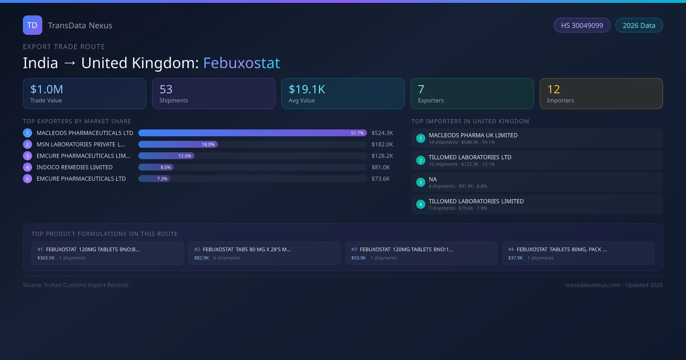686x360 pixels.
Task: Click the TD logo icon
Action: tap(32, 25)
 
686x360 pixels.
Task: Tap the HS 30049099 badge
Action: tap(582, 25)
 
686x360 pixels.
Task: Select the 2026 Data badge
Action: tap(639, 25)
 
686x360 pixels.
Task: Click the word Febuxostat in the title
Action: tap(241, 63)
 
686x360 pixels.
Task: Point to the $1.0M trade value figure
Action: tap(47, 89)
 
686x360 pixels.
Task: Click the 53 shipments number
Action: tap(166, 89)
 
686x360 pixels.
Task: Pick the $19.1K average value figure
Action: tap(307, 89)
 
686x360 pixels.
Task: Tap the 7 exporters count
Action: tap(421, 89)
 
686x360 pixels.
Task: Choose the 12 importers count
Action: tap(553, 89)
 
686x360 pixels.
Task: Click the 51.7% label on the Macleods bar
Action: tap(357, 133)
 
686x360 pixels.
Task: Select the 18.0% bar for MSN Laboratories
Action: tap(178, 145)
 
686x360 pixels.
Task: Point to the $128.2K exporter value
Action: tap(382, 156)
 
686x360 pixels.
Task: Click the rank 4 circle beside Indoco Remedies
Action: tap(27, 167)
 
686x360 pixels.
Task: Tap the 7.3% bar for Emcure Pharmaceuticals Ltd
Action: tap(154, 179)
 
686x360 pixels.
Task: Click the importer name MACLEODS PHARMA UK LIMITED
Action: tap(473, 135)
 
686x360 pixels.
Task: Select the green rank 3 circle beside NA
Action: tap(420, 182)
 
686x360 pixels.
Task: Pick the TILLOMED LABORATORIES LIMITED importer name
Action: tap(476, 201)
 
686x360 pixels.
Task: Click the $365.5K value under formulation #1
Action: tap(46, 258)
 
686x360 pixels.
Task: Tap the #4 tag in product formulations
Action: tap(511, 249)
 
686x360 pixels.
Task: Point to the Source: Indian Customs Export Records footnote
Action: tap(76, 285)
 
